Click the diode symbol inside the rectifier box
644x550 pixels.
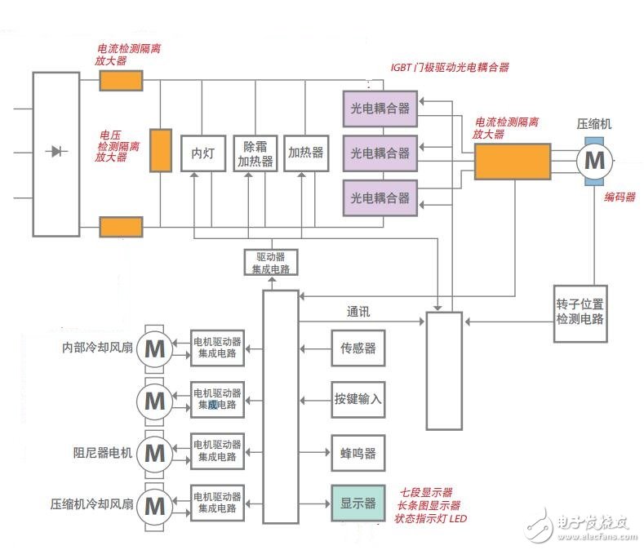tap(56, 151)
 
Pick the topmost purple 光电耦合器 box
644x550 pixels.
tap(380, 108)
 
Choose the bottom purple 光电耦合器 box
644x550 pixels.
tap(380, 197)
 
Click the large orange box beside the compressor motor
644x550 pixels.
tap(512, 161)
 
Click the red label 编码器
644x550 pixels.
tap(620, 197)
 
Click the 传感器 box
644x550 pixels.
tap(357, 348)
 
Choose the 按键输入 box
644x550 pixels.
tap(357, 400)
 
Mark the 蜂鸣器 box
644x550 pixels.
tap(357, 452)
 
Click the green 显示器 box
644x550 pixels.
tap(357, 503)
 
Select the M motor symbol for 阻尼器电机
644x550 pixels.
tap(153, 452)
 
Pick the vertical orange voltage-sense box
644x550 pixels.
tap(161, 150)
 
